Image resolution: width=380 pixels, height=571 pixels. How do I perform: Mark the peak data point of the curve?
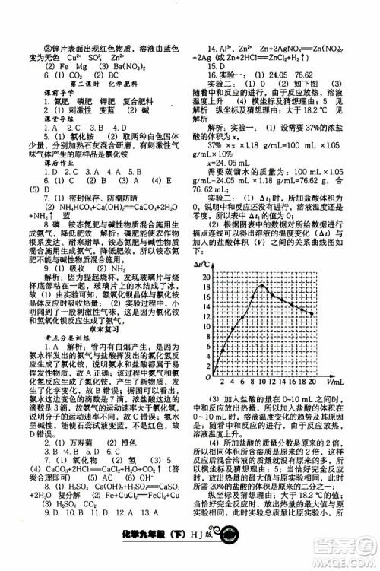pyautogui.click(x=263, y=286)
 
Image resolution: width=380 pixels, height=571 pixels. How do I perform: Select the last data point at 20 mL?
pyautogui.click(x=312, y=313)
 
